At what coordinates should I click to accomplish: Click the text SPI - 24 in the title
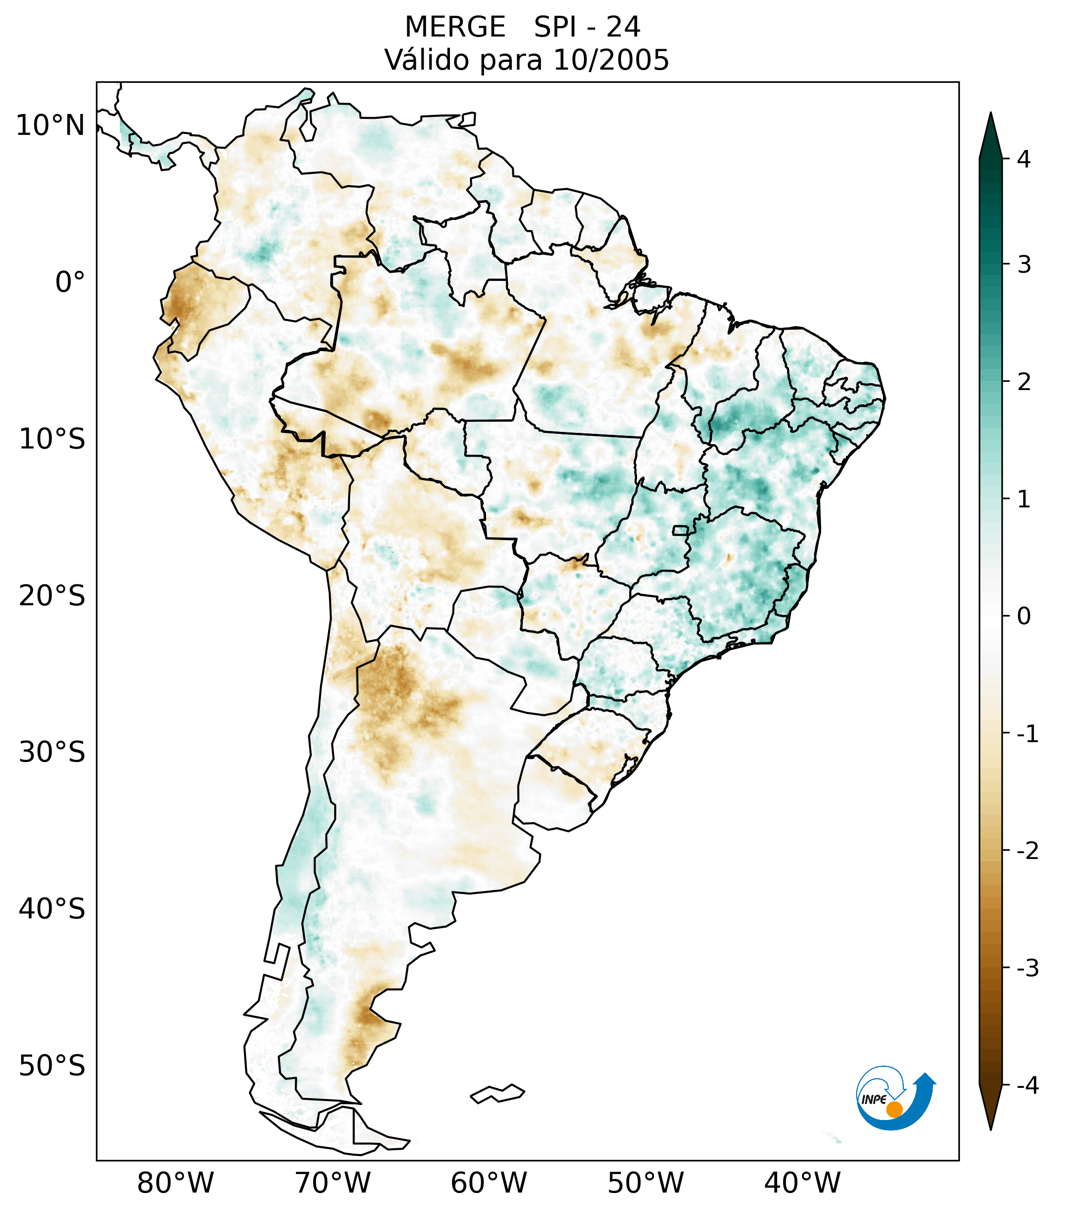click(x=586, y=27)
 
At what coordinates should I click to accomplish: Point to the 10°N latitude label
click(x=51, y=126)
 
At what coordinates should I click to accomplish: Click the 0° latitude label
click(x=70, y=282)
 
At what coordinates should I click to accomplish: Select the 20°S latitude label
click(x=52, y=596)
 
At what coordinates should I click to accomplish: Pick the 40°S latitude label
click(x=52, y=909)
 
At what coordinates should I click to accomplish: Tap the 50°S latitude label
click(x=52, y=1066)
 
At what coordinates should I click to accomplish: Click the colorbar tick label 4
click(x=1024, y=159)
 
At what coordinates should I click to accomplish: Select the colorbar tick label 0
click(x=1024, y=616)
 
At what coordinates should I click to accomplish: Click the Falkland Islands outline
click(x=497, y=1093)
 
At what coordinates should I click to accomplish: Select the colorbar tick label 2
click(x=1024, y=382)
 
